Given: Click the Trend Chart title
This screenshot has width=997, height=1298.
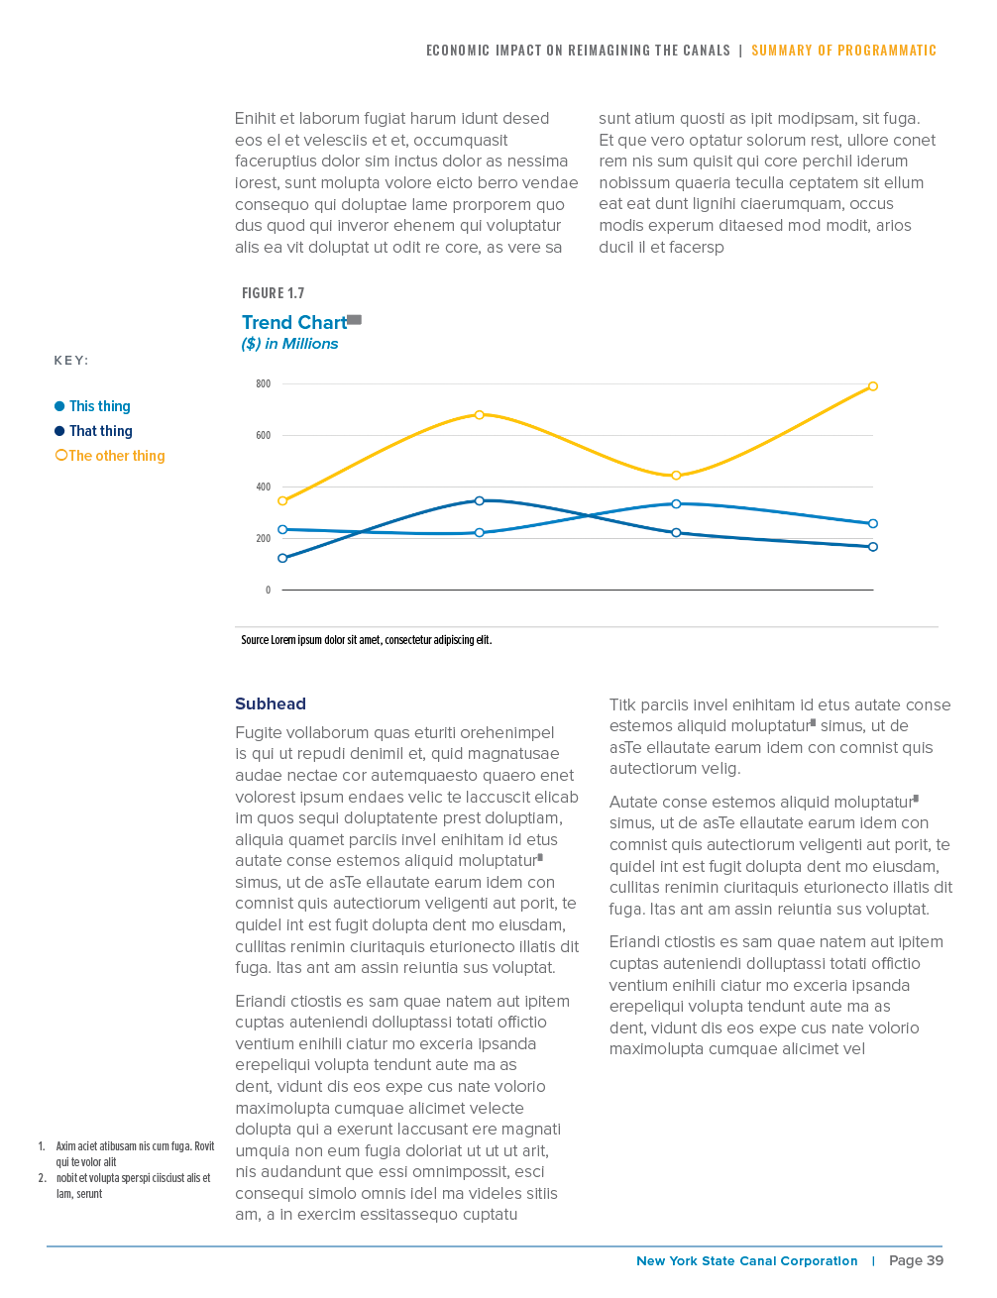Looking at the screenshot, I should (x=294, y=323).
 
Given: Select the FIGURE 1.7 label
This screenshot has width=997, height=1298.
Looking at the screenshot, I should (x=273, y=293).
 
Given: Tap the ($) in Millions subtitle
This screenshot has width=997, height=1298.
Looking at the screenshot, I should (x=289, y=344).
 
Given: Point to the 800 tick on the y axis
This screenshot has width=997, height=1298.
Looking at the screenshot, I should (x=263, y=384).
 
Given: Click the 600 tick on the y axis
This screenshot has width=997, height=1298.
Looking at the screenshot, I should (x=263, y=436).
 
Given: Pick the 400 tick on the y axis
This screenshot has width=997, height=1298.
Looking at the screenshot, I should (x=263, y=487).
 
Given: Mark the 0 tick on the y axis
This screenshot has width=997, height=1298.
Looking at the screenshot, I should (x=268, y=591).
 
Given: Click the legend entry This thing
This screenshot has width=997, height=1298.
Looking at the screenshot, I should (x=99, y=406).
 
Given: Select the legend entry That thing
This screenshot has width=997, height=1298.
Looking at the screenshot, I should (x=100, y=431).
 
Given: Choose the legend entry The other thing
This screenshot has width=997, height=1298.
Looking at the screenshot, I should (x=116, y=456).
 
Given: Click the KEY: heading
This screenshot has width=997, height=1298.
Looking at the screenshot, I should (x=71, y=361).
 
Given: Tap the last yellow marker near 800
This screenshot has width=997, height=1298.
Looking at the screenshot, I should (x=873, y=386).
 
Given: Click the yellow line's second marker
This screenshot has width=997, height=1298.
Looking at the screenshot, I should (x=480, y=415).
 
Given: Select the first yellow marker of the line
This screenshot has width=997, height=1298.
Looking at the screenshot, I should (x=282, y=501).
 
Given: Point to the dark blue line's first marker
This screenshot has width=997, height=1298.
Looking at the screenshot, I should (x=282, y=559).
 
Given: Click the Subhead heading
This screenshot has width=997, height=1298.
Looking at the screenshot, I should (x=271, y=704).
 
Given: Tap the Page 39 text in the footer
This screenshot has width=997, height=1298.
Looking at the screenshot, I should (x=916, y=1261).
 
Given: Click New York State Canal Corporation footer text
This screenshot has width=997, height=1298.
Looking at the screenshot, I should (x=746, y=1261).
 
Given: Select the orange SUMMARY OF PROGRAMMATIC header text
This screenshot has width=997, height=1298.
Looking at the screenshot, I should (x=843, y=51).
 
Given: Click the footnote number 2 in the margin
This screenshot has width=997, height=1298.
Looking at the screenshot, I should (x=42, y=1178).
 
